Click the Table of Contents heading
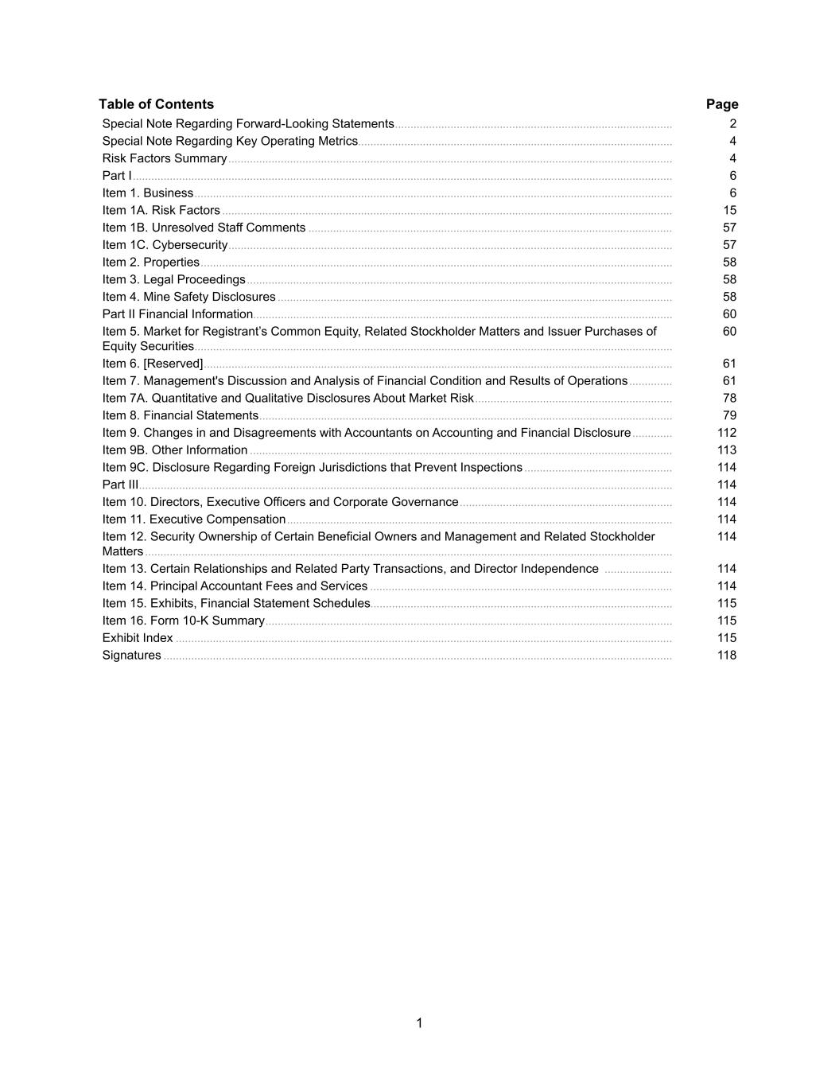(156, 104)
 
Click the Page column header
(722, 104)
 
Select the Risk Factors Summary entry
(165, 158)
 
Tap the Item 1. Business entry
(148, 193)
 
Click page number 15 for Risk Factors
(729, 210)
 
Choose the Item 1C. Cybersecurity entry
(165, 245)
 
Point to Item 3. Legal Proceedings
(173, 279)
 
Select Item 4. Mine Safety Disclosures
(188, 297)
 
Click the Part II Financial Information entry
(177, 314)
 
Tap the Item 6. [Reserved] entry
(153, 364)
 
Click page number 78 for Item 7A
(729, 398)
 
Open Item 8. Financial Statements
(181, 415)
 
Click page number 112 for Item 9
(727, 433)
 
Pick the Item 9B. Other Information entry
(175, 450)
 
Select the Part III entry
(120, 485)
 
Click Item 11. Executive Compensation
(194, 520)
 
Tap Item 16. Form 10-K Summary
(183, 621)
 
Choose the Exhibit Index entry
(138, 638)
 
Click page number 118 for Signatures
(727, 656)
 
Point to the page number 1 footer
(419, 1023)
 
